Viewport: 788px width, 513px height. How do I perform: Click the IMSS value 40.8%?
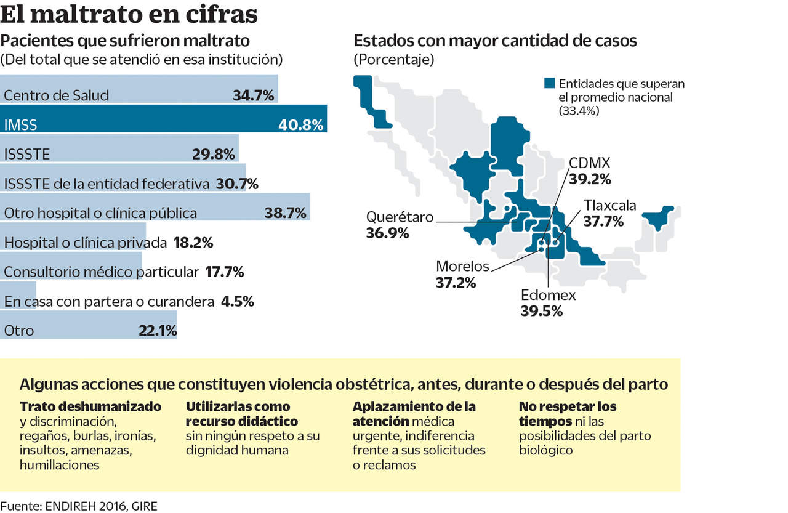300,125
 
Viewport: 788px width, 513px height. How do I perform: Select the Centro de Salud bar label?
56,95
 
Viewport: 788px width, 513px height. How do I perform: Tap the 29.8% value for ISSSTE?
213,155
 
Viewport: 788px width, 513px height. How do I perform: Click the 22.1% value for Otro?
158,331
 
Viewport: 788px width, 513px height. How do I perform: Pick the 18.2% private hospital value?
193,243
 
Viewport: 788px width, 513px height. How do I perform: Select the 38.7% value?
286,213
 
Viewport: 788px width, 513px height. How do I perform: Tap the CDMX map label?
589,164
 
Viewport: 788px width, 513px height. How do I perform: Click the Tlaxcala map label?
609,205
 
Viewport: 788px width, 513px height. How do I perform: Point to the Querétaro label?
400,217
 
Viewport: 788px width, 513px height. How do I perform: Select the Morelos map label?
462,266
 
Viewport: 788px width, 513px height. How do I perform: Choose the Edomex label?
548,295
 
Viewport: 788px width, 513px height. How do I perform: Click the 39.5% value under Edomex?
541,311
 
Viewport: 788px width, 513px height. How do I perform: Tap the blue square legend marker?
550,84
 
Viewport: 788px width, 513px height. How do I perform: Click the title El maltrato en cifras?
129,14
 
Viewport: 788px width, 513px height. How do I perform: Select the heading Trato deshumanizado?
90,407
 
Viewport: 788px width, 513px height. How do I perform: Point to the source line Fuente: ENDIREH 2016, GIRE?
79,506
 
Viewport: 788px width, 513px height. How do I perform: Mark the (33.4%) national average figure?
579,111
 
